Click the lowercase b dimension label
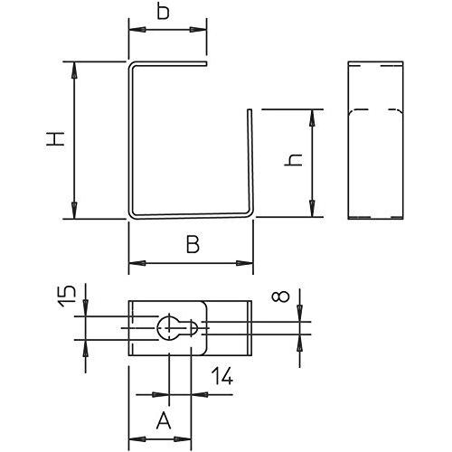164,12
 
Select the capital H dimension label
55,139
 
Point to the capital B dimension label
193,244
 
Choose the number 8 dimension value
280,297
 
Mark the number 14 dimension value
222,376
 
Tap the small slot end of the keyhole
193,328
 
